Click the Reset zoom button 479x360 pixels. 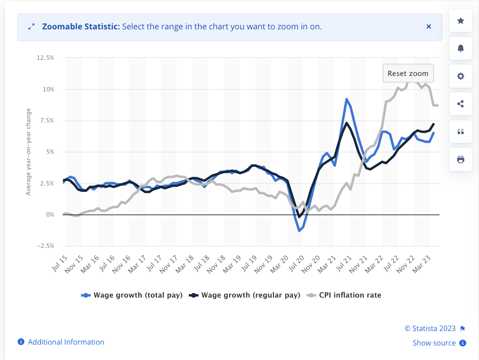(x=408, y=73)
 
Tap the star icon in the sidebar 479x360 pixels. (x=460, y=21)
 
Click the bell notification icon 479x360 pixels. (x=460, y=48)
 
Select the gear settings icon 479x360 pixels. (x=460, y=76)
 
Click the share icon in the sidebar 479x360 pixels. (x=460, y=104)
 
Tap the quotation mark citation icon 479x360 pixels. (x=460, y=132)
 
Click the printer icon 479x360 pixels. (x=460, y=159)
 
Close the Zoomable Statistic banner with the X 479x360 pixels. (x=429, y=27)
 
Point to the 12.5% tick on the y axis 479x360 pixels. (x=46, y=58)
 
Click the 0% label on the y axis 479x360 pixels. (x=50, y=214)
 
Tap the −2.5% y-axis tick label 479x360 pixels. (x=46, y=246)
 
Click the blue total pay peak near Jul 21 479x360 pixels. (x=346, y=99)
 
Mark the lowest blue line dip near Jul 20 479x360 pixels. (x=299, y=231)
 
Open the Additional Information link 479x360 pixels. (x=66, y=342)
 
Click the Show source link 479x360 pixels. (x=434, y=343)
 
